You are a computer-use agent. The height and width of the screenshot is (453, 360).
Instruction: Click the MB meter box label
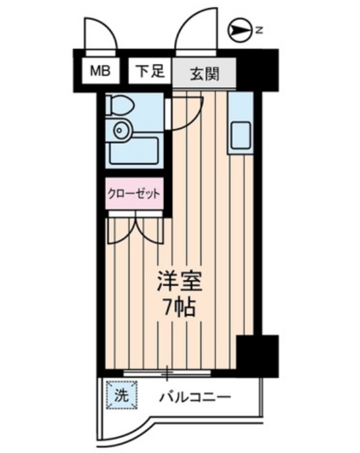coord(100,72)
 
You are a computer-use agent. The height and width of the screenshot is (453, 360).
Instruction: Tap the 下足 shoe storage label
coord(150,72)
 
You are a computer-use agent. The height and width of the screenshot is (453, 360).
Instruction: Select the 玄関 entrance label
coord(203,73)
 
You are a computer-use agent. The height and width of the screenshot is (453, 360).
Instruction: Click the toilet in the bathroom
coord(119,103)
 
